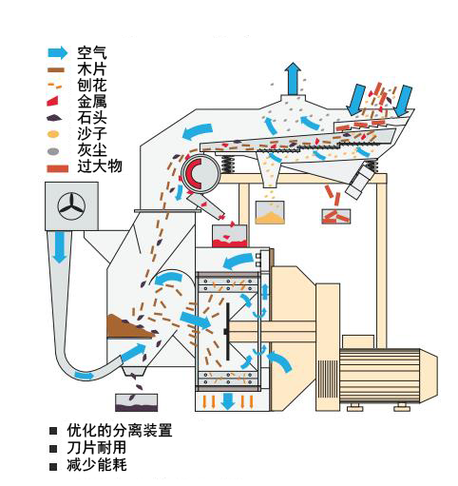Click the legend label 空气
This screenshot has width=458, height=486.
click(x=92, y=52)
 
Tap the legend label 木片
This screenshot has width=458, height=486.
click(x=92, y=69)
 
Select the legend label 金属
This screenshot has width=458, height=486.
click(x=92, y=102)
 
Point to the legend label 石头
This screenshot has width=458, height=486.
click(x=92, y=118)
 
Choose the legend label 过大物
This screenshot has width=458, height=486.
click(x=100, y=166)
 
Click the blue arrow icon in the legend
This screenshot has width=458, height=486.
click(x=58, y=53)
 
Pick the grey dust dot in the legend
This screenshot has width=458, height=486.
click(x=53, y=151)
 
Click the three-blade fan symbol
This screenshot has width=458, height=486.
click(x=71, y=206)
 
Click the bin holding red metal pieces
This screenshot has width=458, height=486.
click(x=229, y=236)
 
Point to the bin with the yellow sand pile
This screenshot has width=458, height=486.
click(x=270, y=212)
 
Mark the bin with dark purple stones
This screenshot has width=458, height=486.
click(x=136, y=402)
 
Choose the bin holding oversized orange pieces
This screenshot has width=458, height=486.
click(x=336, y=216)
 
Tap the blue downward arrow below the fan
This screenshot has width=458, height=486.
click(x=60, y=247)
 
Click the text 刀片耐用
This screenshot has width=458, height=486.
click(x=97, y=447)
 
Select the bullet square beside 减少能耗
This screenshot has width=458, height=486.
click(x=53, y=466)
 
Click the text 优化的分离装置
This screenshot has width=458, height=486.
click(x=120, y=430)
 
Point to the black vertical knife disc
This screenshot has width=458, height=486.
click(x=227, y=332)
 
